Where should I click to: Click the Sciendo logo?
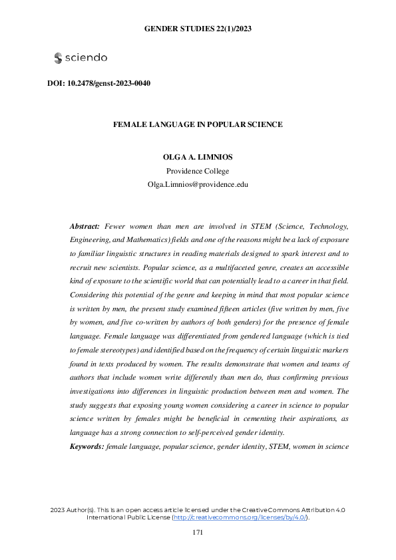[x=81, y=58]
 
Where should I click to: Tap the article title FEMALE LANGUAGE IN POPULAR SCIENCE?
[x=198, y=124]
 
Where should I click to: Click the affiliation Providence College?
[x=198, y=171]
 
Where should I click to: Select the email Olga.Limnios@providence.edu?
[x=198, y=184]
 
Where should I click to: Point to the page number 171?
[x=198, y=532]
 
